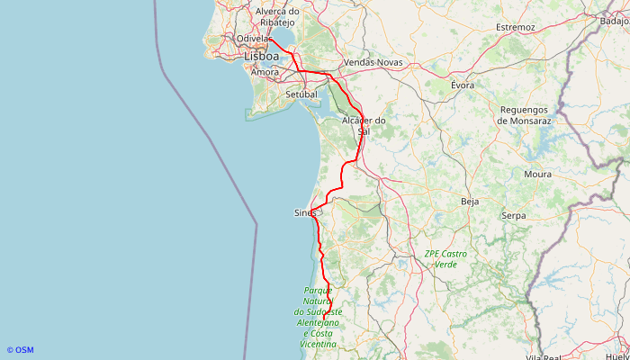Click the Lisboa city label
tap(261, 56)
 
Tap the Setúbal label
tap(301, 94)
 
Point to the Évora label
tap(463, 85)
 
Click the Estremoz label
tap(515, 27)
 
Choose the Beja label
tap(470, 202)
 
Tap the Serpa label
tap(513, 216)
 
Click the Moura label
tap(537, 174)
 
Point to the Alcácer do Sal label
tap(364, 125)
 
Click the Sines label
tap(305, 213)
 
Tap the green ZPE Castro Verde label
tap(445, 259)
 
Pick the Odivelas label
tap(253, 39)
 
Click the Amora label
tap(265, 71)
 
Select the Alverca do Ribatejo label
tap(277, 16)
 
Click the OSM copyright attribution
tap(20, 350)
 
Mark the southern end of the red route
tap(325, 317)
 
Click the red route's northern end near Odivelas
tap(271, 39)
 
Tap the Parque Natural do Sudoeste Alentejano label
tap(319, 317)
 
